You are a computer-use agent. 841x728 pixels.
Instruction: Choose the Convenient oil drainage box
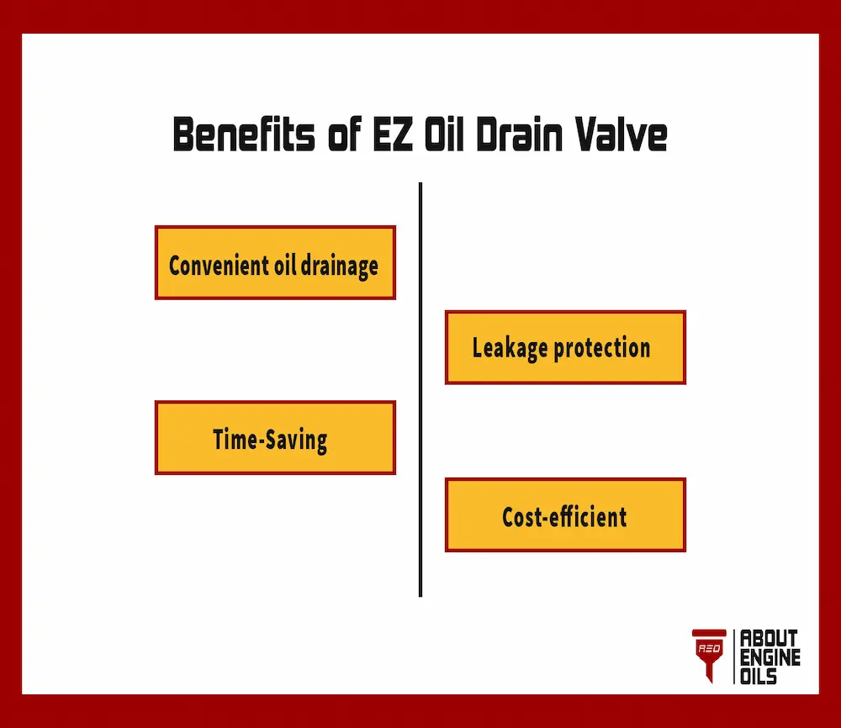(275, 262)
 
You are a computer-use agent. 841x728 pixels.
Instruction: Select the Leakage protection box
(565, 347)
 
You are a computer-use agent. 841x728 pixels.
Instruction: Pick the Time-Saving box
(275, 438)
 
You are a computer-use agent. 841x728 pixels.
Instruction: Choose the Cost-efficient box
(565, 515)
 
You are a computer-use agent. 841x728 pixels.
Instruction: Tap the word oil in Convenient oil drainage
(283, 266)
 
